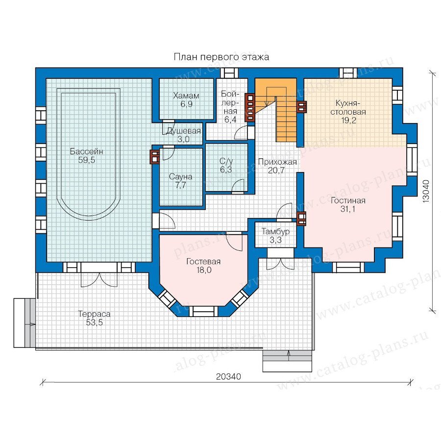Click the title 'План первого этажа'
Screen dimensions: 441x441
pos(221,57)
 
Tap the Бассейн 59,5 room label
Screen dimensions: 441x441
pos(87,156)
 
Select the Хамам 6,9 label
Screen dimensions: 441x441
pos(186,100)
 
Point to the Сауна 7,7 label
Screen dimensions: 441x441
pos(180,181)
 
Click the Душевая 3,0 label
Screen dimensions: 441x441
pos(184,135)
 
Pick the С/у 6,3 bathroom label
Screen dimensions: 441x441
pos(226,165)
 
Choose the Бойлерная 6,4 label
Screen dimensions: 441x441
pos(230,107)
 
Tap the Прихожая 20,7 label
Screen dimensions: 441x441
pos(277,166)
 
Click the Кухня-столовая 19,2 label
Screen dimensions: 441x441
pos(348,112)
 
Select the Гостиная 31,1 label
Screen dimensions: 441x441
pos(348,205)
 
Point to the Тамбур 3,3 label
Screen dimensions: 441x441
pos(275,236)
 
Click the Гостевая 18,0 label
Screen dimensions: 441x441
pos(204,266)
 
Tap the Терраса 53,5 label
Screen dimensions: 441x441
pos(94,318)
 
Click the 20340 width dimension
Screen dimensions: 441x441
pos(228,376)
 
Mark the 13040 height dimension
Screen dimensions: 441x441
pos(426,191)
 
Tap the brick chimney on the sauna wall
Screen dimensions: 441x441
pos(155,156)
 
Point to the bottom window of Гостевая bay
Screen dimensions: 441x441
pos(203,311)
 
